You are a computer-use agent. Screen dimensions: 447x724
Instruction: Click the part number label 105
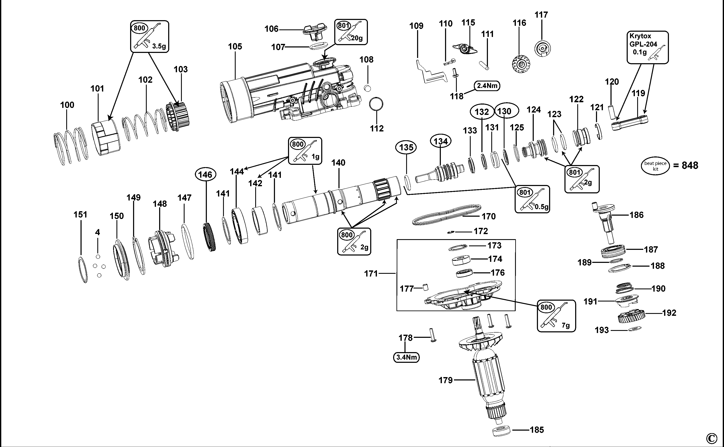coord(235,46)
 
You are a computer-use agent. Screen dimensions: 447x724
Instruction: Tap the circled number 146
coord(205,174)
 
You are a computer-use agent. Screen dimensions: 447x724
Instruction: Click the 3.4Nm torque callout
coord(406,357)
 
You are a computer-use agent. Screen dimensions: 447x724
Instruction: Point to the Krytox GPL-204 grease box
coord(647,47)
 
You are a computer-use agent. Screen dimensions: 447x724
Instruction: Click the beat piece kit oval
coord(655,166)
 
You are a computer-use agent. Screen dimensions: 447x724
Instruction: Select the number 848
coord(690,165)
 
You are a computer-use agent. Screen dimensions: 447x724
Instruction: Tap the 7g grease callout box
coord(556,316)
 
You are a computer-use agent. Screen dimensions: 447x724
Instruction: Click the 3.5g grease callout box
coord(149,36)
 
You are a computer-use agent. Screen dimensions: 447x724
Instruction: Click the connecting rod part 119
coord(630,122)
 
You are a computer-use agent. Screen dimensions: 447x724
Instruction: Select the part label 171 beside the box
coord(371,273)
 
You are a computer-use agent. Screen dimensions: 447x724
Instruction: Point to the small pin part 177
coord(425,287)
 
